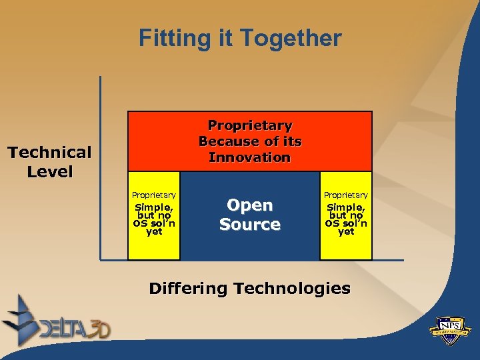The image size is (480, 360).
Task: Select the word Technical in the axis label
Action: [x=49, y=153]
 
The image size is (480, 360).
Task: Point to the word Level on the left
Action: [x=49, y=171]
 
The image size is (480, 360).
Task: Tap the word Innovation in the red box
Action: [x=250, y=157]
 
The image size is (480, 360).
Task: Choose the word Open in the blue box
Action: [x=250, y=205]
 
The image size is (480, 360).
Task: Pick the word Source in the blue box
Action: [x=250, y=225]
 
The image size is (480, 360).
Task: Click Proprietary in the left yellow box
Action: [x=154, y=195]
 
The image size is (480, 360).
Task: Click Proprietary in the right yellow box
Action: [x=346, y=195]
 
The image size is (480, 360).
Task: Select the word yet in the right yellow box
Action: [x=346, y=232]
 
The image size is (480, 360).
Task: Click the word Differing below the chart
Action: [x=187, y=289]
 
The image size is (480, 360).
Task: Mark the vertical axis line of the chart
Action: [x=100, y=167]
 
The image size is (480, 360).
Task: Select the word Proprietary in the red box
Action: [x=250, y=125]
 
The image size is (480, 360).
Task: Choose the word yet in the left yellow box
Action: [x=154, y=232]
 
